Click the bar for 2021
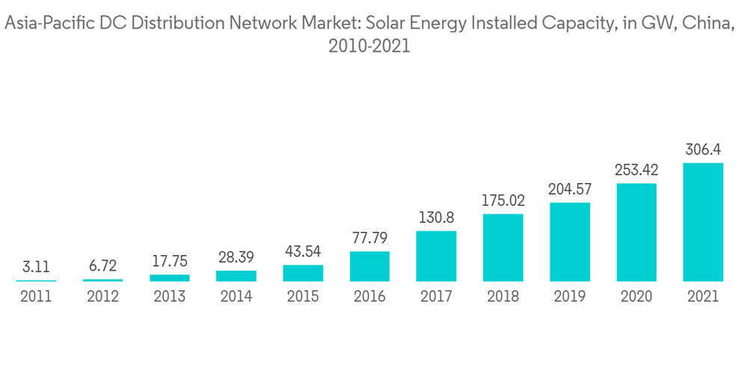tap(703, 222)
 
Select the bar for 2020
tap(637, 233)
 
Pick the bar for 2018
tap(503, 248)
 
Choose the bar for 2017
tap(436, 257)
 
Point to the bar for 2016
tap(370, 266)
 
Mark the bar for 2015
tap(303, 273)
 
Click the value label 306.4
tap(703, 150)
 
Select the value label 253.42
tap(637, 171)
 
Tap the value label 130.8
tap(436, 218)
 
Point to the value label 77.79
tap(370, 239)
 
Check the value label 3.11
tap(36, 267)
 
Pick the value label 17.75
tap(170, 262)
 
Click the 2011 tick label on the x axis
tap(36, 297)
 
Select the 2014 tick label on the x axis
tap(236, 297)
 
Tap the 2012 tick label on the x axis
tap(102, 297)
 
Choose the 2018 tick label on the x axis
tap(503, 297)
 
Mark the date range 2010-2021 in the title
tap(370, 46)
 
